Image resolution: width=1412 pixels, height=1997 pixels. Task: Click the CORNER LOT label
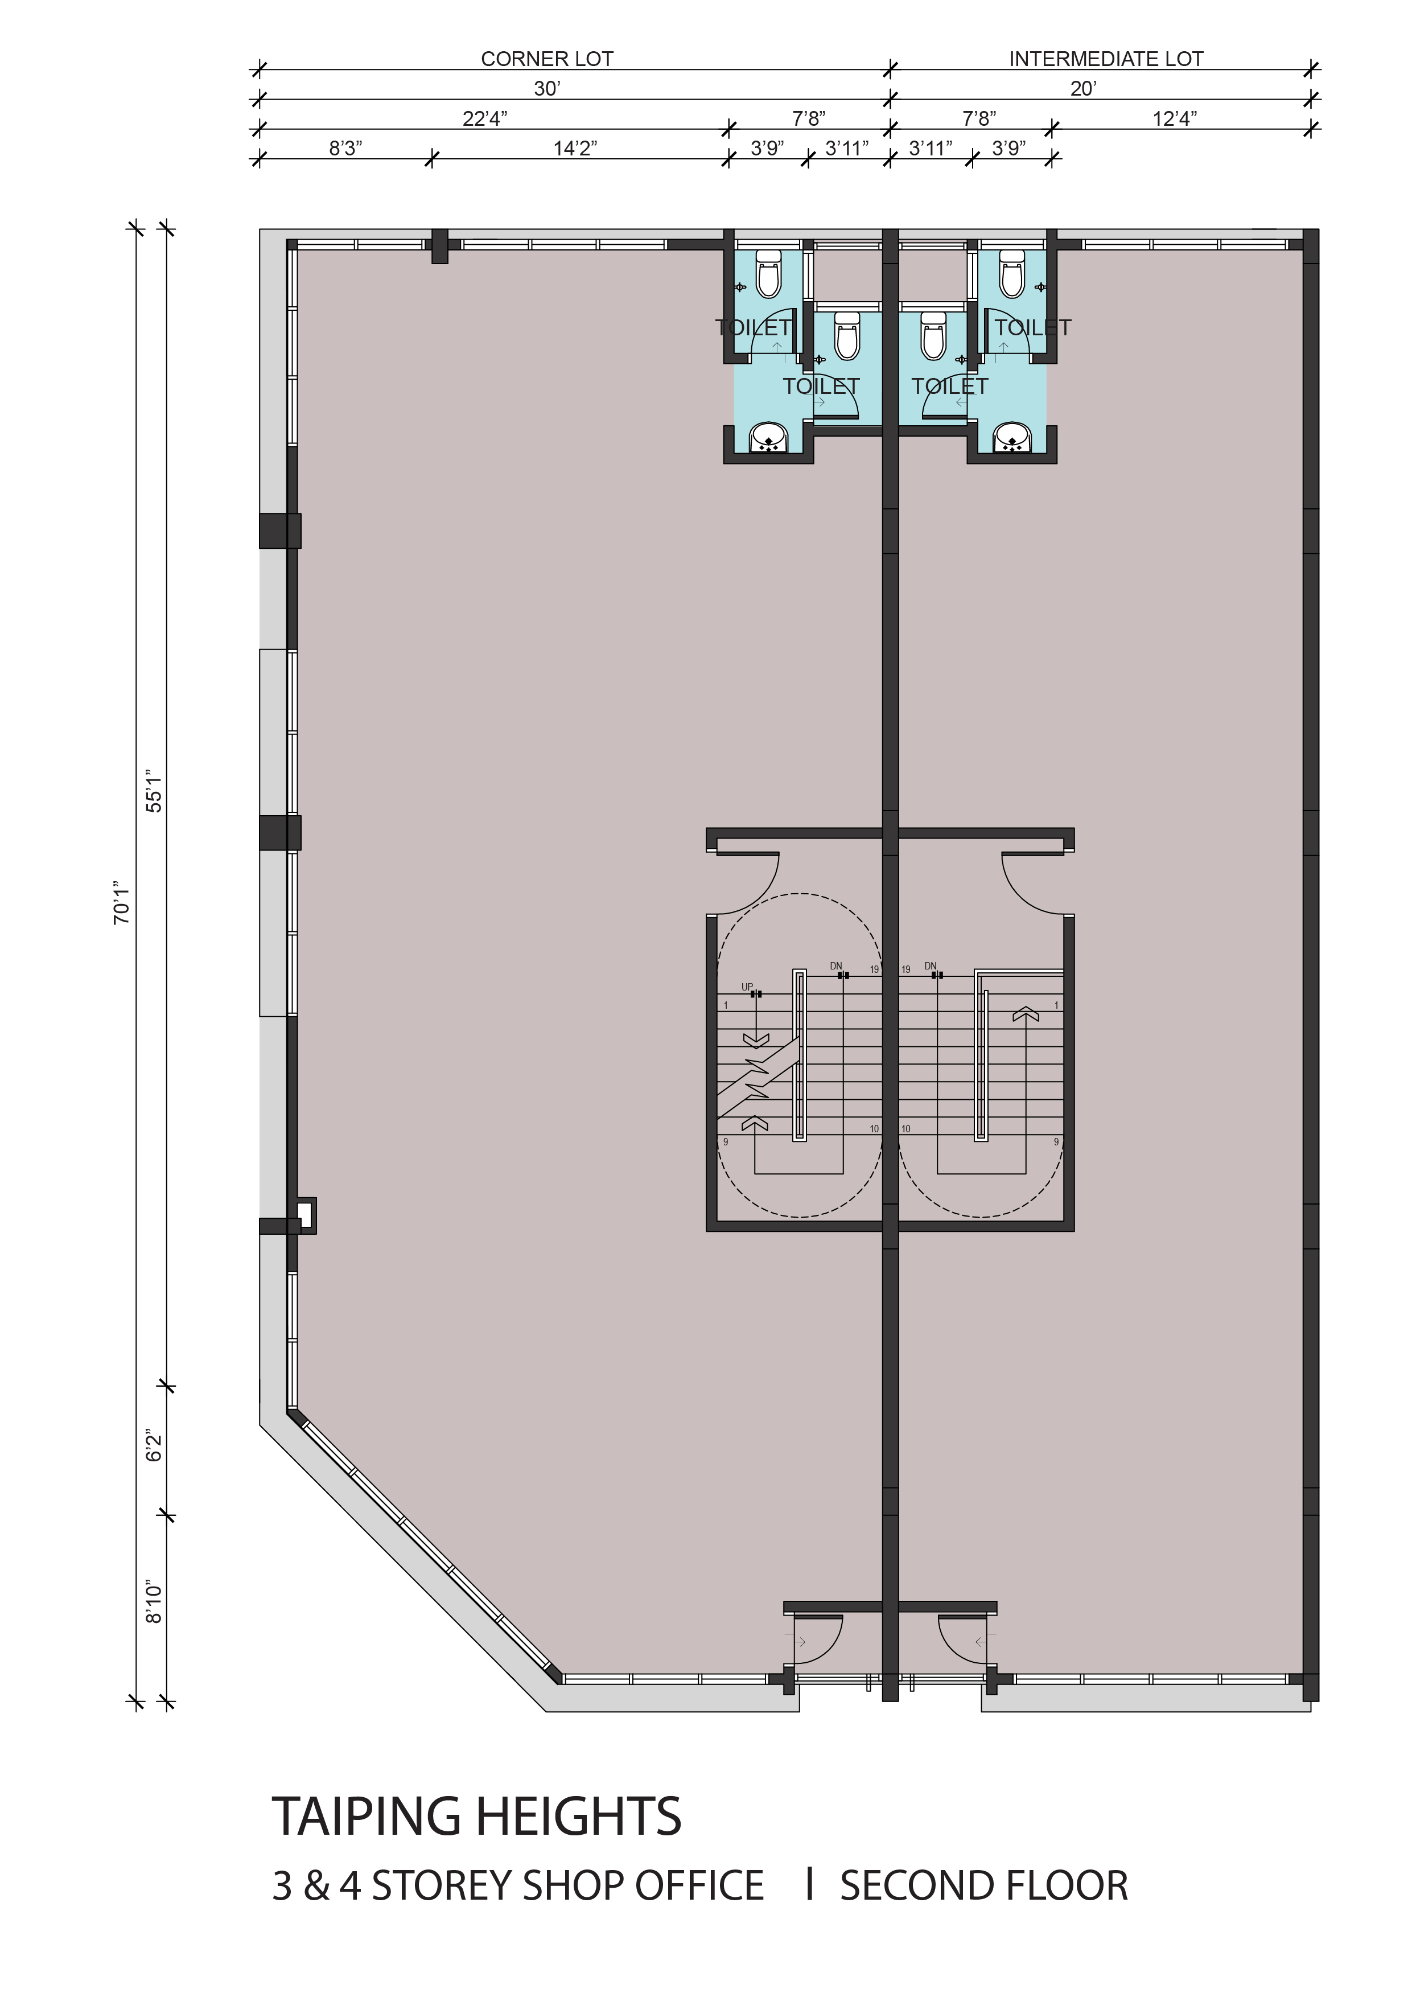(547, 59)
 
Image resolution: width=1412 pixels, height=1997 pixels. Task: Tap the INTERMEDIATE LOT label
(1106, 59)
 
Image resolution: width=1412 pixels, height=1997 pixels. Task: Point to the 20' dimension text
(1084, 89)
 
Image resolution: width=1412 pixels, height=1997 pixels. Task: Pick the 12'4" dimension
(1175, 118)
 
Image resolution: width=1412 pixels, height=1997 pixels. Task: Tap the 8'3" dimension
(345, 148)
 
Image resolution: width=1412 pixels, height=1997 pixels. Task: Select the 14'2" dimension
(575, 148)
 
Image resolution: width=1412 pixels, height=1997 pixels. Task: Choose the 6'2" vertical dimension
(154, 1445)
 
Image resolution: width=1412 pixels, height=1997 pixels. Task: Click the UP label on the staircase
(747, 987)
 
